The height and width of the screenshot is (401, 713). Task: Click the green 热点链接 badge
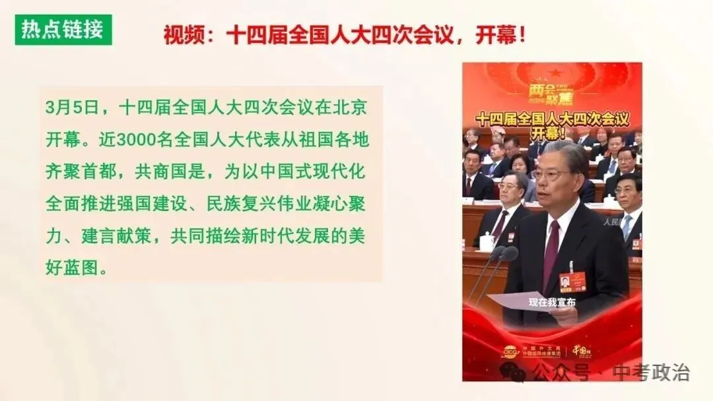[x=63, y=30]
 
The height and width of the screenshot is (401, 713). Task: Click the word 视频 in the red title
[x=180, y=35]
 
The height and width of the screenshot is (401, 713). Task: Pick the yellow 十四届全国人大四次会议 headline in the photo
[x=551, y=119]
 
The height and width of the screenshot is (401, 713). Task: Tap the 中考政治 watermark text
[x=650, y=372]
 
